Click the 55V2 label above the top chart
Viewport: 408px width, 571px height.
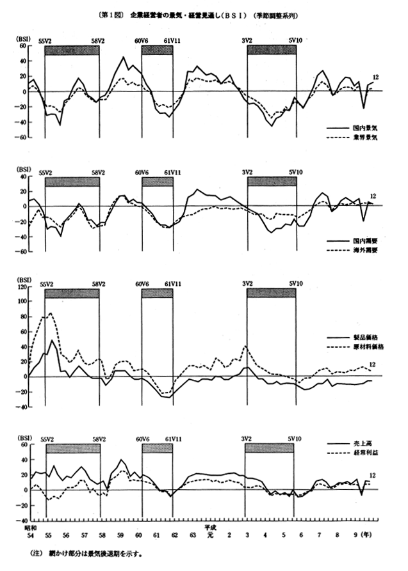point(46,40)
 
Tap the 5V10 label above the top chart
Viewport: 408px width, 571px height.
point(295,40)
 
